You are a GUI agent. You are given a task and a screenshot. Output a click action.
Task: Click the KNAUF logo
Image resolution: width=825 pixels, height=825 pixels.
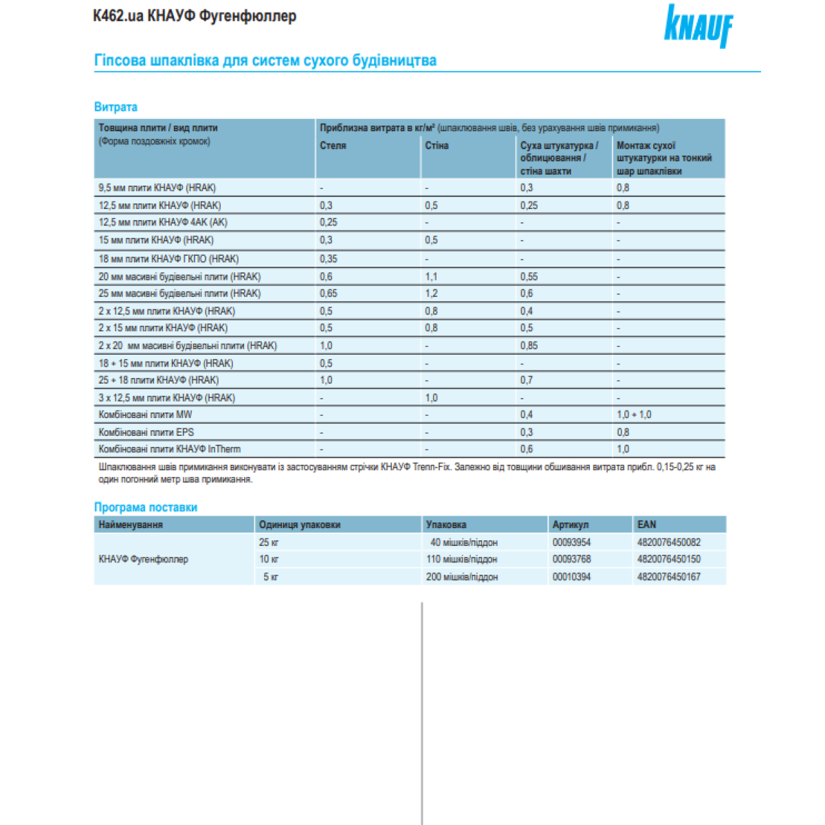[698, 25]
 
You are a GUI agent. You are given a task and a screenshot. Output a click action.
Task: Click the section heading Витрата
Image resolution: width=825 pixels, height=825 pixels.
[115, 107]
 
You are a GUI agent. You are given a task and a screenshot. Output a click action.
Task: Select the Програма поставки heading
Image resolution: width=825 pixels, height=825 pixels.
[146, 507]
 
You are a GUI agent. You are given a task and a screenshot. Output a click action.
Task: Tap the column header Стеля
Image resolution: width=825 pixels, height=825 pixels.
[333, 146]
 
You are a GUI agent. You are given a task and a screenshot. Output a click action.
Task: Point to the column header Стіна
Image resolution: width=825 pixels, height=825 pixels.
[437, 146]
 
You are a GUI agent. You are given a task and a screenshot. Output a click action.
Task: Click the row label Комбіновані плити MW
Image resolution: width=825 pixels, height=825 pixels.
[145, 415]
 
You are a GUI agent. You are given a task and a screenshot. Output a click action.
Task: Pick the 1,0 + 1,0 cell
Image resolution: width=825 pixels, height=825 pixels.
[634, 415]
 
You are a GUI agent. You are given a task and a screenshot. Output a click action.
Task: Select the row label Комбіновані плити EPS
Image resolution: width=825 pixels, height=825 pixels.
[146, 432]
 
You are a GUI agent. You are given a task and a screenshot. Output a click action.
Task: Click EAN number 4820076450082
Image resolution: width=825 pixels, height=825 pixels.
[668, 542]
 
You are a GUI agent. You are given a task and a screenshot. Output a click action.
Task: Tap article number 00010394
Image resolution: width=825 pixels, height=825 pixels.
[571, 577]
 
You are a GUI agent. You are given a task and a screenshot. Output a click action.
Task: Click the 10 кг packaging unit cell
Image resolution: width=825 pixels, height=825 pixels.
[269, 559]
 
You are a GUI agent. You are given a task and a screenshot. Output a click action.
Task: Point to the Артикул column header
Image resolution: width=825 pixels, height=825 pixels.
[570, 525]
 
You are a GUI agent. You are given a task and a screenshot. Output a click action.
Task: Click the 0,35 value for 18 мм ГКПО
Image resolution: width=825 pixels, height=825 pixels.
[329, 259]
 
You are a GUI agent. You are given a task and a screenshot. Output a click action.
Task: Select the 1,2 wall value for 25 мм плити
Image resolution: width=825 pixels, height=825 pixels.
[431, 294]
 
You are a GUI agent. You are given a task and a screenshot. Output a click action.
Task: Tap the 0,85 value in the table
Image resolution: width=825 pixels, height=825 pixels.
[529, 346]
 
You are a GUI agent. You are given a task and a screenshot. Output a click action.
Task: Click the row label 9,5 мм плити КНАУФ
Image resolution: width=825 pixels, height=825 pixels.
[157, 188]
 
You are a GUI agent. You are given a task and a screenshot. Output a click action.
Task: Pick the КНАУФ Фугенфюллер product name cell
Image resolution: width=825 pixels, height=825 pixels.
[143, 559]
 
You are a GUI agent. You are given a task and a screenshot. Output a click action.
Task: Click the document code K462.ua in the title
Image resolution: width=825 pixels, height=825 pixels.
[118, 16]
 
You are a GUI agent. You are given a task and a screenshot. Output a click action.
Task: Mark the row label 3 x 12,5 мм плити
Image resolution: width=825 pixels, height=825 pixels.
[166, 398]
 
